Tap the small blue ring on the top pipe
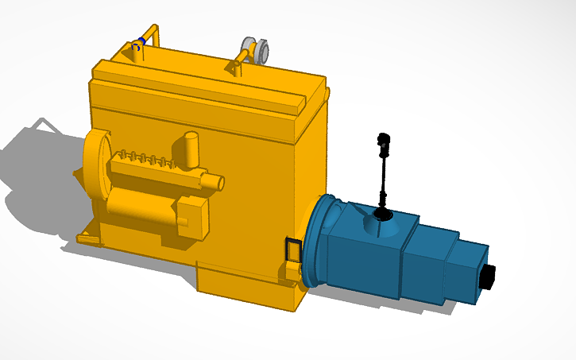click(141, 41)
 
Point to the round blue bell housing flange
click(315, 238)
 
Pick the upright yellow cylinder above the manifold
click(191, 149)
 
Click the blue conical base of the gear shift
click(383, 226)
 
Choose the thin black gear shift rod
click(384, 179)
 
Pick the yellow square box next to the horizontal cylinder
click(192, 218)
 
